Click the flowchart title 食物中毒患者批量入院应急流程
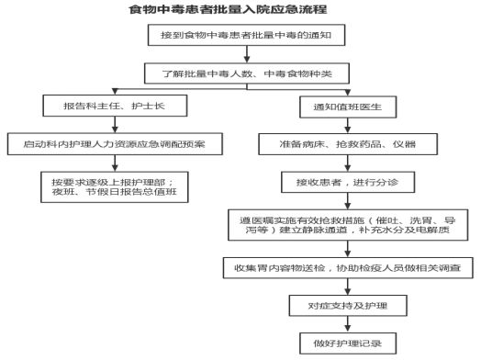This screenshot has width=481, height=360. pyautogui.click(x=228, y=9)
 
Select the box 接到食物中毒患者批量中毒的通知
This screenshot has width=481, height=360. pyautogui.click(x=246, y=35)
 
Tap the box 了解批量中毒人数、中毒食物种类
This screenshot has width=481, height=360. pyautogui.click(x=247, y=73)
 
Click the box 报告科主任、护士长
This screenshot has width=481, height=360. pyautogui.click(x=115, y=106)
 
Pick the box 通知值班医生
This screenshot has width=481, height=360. pyautogui.click(x=348, y=107)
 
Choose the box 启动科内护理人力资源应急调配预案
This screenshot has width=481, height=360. pyautogui.click(x=115, y=144)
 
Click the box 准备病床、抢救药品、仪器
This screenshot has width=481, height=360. pyautogui.click(x=348, y=144)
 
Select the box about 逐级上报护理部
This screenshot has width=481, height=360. pyautogui.click(x=115, y=187)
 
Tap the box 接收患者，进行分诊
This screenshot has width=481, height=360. pyautogui.click(x=348, y=183)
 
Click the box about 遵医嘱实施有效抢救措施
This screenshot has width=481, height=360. pyautogui.click(x=348, y=225)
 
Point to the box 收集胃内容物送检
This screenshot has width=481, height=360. pyautogui.click(x=348, y=268)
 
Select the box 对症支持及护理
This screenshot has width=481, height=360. pyautogui.click(x=348, y=306)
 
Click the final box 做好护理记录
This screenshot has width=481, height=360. pyautogui.click(x=348, y=343)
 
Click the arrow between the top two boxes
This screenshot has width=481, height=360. pyautogui.click(x=247, y=54)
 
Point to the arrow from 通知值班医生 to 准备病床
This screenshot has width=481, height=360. pyautogui.click(x=348, y=126)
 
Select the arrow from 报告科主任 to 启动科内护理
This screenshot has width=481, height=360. pyautogui.click(x=115, y=125)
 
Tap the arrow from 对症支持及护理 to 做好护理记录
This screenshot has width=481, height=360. pyautogui.click(x=348, y=324)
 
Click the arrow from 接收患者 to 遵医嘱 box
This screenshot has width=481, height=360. pyautogui.click(x=348, y=201)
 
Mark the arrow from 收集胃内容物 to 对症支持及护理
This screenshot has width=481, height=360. pyautogui.click(x=348, y=287)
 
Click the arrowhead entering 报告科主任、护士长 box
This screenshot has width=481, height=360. pyautogui.click(x=115, y=92)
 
